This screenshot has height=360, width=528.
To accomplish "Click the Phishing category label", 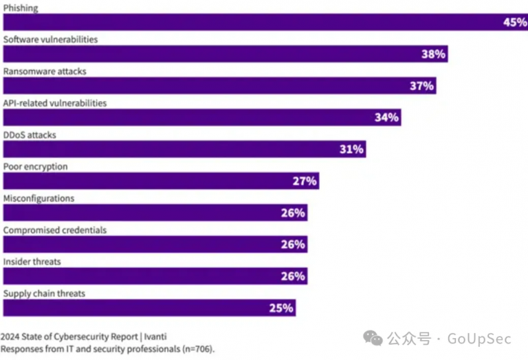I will pos(21,8).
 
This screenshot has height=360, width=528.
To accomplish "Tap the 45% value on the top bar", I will pos(514,22).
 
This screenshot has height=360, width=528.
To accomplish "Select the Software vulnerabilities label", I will pos(50,40).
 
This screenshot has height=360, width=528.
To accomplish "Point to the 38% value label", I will pos(433,54).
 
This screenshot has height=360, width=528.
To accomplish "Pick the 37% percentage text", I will pos(421,86).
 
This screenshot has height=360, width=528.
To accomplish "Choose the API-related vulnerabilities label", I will pos(55,103).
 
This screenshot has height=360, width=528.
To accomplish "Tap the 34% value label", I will pos(386,117).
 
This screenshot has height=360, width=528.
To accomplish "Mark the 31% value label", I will pos(351,149).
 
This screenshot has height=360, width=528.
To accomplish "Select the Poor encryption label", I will pos(35,167).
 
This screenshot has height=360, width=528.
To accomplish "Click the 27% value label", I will pos(305,181).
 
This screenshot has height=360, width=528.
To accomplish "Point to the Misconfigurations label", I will pos(38,199).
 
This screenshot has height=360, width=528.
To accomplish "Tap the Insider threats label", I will pos(32,262).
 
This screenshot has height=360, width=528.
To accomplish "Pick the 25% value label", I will pos(281,308).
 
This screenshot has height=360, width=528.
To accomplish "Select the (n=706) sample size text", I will pos(197,348).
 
